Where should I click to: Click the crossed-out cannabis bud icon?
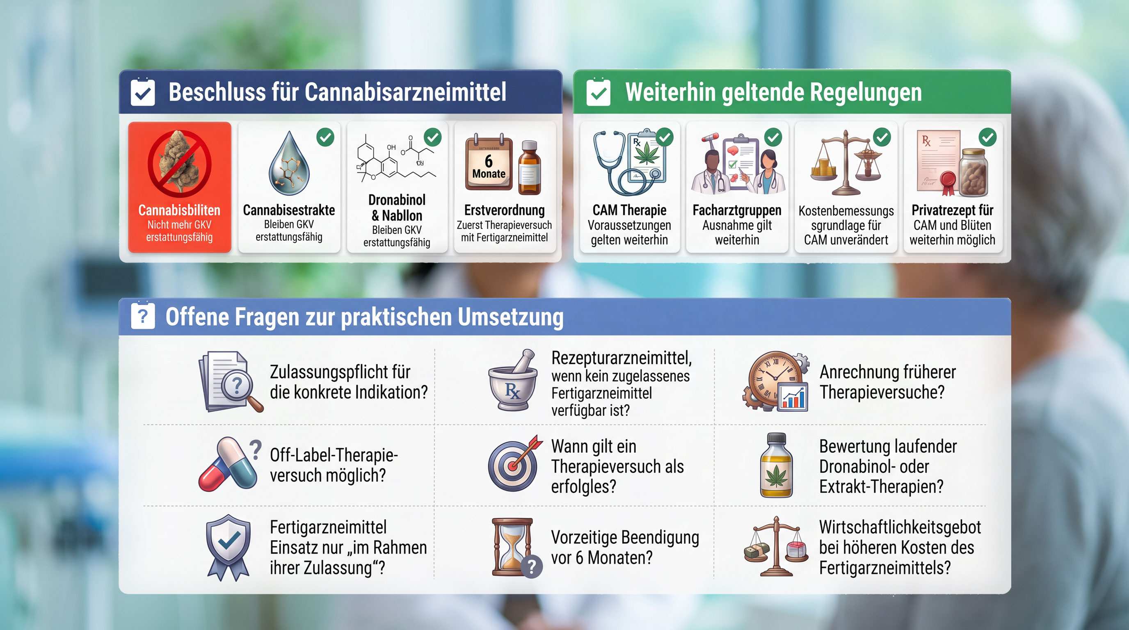point(179,163)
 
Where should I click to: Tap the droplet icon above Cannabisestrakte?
point(289,163)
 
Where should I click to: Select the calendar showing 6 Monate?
point(489,162)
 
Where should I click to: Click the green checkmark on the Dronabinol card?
point(432,137)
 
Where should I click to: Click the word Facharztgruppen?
point(737,210)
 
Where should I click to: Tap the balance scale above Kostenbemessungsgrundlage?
point(846,162)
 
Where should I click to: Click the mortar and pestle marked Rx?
point(512,380)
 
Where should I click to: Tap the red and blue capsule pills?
point(227,463)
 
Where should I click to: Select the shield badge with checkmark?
point(229,548)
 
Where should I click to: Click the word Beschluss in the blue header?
point(217,92)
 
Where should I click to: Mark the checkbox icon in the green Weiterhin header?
point(598,92)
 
